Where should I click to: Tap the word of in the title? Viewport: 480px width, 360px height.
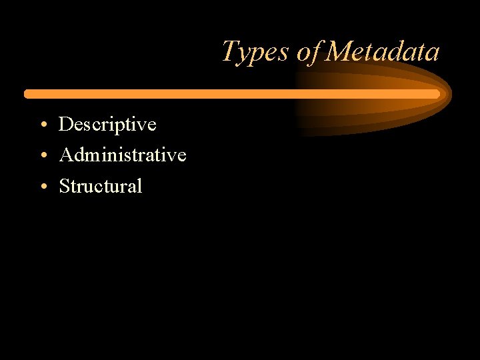click(x=309, y=52)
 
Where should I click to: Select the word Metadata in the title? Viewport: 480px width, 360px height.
click(x=383, y=52)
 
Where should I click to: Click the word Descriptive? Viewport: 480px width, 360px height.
click(x=107, y=125)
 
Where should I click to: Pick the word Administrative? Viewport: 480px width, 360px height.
click(x=123, y=155)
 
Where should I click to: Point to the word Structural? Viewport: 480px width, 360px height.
click(x=101, y=186)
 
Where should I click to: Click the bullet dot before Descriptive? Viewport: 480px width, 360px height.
click(x=42, y=125)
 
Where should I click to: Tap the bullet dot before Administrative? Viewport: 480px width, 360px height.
click(x=42, y=156)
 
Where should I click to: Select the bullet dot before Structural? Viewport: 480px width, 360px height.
click(x=42, y=187)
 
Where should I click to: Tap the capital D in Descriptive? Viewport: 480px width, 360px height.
click(x=66, y=124)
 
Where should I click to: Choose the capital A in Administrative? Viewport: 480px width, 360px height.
click(x=67, y=155)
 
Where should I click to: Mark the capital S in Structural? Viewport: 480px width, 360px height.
click(x=65, y=186)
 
